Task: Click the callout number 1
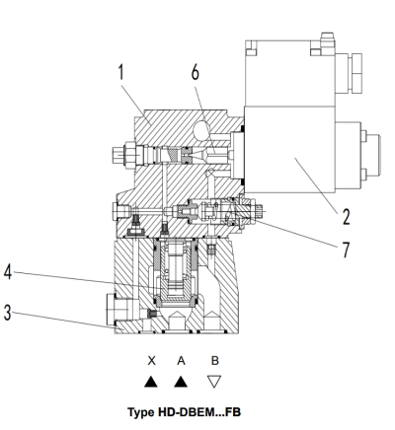click(121, 72)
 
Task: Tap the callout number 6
click(196, 72)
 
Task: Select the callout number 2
click(346, 217)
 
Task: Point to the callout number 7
click(346, 250)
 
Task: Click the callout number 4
click(8, 272)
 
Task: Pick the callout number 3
click(7, 313)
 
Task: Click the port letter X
click(151, 361)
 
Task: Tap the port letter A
click(181, 361)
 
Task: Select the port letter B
click(214, 361)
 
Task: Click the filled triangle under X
click(151, 383)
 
